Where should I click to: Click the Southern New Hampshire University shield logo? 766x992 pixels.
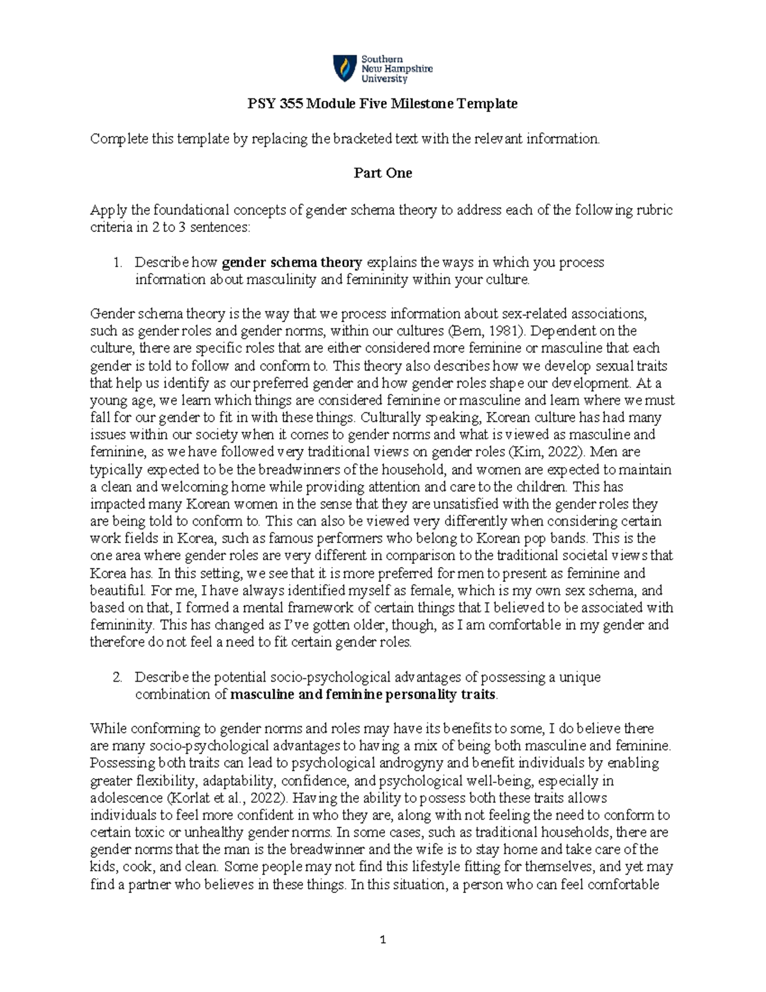(x=345, y=68)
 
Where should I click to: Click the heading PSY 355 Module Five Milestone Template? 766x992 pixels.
(x=382, y=103)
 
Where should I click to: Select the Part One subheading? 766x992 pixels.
(x=383, y=173)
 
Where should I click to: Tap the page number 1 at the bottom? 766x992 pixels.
(x=383, y=940)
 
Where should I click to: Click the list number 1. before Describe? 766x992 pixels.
(x=117, y=262)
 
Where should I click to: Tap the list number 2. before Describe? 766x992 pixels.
(x=117, y=677)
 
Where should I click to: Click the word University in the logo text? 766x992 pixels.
(x=384, y=79)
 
